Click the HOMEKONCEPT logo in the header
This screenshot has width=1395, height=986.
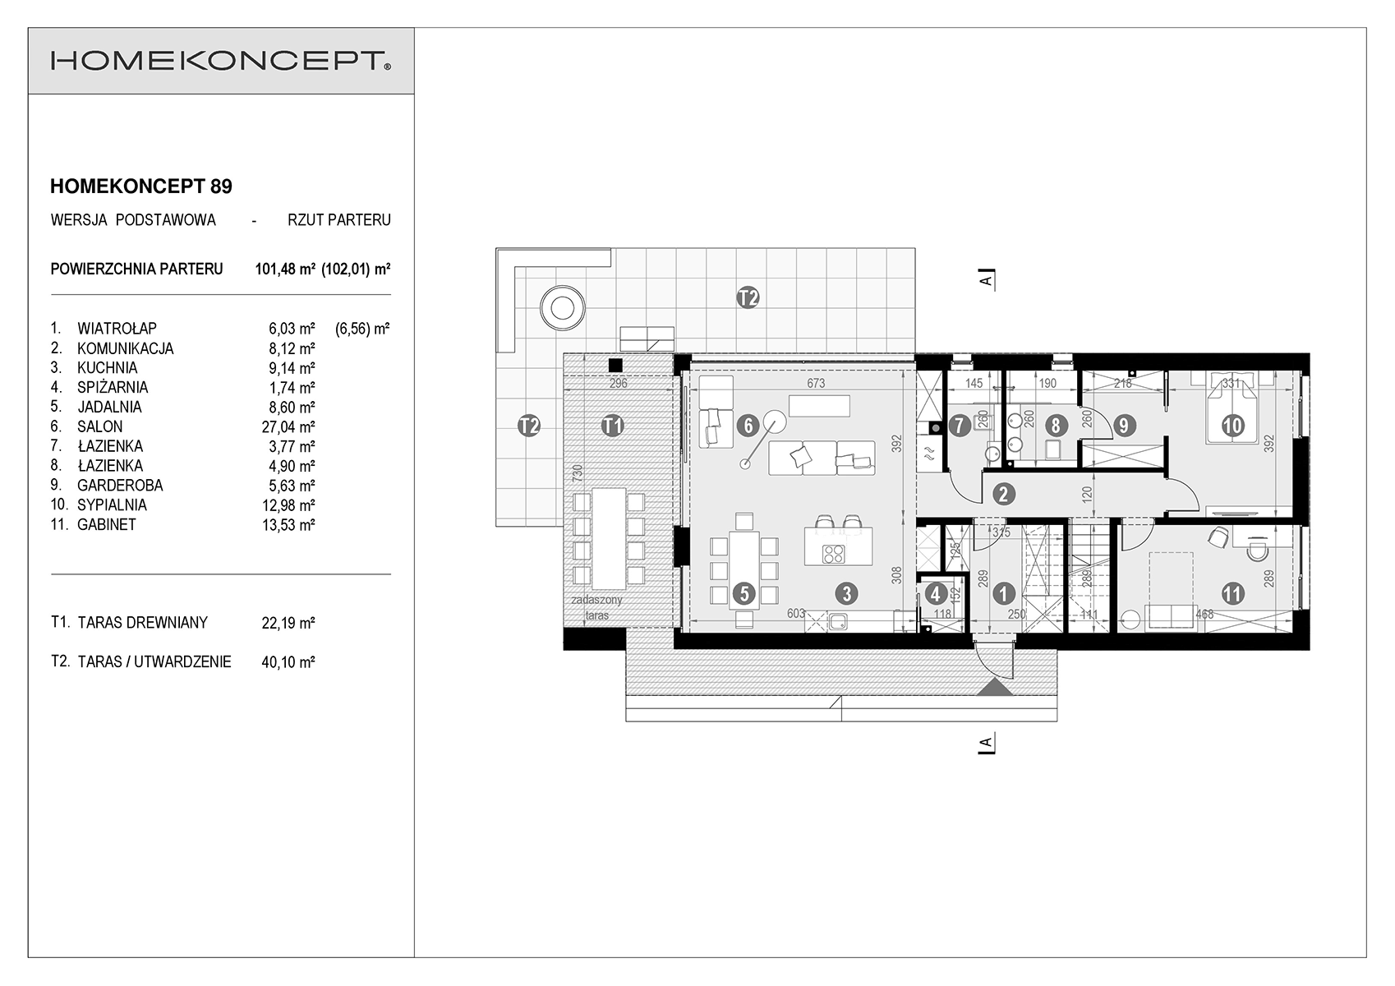click(220, 61)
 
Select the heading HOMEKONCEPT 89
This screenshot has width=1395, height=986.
click(140, 187)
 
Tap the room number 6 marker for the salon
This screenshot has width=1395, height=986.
click(748, 426)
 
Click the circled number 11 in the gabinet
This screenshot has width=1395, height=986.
click(1233, 593)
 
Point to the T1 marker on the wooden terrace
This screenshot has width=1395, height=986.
click(613, 426)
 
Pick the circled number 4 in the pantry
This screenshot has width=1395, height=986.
click(936, 593)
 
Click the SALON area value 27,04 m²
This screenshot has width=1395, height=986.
click(288, 426)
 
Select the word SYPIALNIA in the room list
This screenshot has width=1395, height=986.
click(112, 505)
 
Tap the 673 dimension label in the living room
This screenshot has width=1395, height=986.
click(816, 383)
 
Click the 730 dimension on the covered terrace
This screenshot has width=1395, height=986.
click(578, 472)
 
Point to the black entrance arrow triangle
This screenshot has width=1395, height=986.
click(996, 687)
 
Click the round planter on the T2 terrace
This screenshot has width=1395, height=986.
click(563, 308)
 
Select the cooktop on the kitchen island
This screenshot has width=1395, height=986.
click(833, 553)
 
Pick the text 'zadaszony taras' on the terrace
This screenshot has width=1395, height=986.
click(597, 608)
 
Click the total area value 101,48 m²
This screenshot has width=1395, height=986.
click(285, 269)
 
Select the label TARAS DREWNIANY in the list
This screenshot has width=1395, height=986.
click(143, 623)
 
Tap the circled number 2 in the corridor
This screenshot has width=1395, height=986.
click(1003, 494)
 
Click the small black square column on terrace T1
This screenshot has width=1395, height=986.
click(615, 366)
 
